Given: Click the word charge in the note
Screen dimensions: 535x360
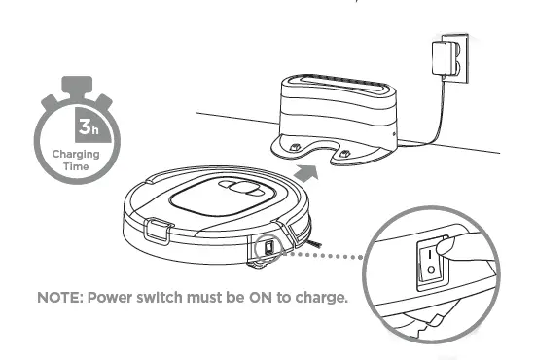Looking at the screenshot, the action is (322, 297).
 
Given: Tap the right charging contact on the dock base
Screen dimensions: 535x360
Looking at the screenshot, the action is (342, 152).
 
